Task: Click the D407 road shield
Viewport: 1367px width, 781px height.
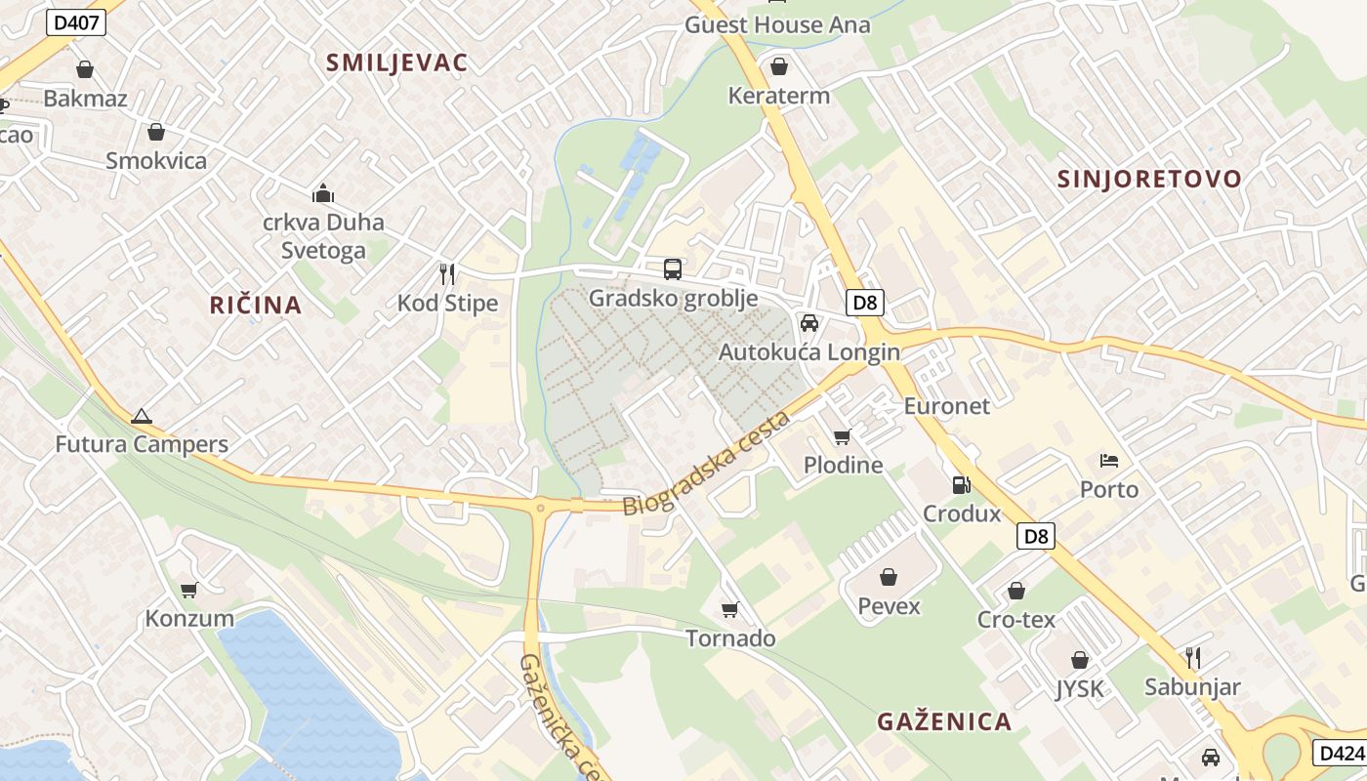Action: (75, 21)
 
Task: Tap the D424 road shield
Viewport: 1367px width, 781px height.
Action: (1340, 753)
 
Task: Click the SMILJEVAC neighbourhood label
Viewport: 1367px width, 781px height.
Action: (396, 62)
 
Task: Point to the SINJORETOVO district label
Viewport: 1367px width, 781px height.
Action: (1149, 179)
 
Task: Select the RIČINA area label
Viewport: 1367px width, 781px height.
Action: (256, 305)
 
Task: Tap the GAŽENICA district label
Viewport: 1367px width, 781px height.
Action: (943, 721)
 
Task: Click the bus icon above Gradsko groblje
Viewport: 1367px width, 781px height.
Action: (672, 269)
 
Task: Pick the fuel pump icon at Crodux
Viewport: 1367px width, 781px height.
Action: (962, 484)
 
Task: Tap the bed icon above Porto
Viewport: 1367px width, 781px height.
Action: (1108, 460)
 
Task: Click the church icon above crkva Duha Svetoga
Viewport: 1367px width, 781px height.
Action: (323, 193)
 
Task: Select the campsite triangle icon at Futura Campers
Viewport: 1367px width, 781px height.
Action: (142, 416)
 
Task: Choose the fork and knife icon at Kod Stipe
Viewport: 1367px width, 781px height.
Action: (447, 273)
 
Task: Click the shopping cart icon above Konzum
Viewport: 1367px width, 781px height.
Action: (188, 590)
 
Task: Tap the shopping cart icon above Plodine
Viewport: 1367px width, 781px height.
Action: (842, 436)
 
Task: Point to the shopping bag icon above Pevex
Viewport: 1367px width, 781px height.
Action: (888, 577)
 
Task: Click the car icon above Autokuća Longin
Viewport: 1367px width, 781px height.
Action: (808, 323)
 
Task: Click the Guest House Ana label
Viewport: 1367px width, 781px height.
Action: (776, 24)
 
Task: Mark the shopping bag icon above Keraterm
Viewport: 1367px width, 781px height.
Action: (778, 66)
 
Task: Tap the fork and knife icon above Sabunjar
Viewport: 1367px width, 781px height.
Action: (1191, 657)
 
